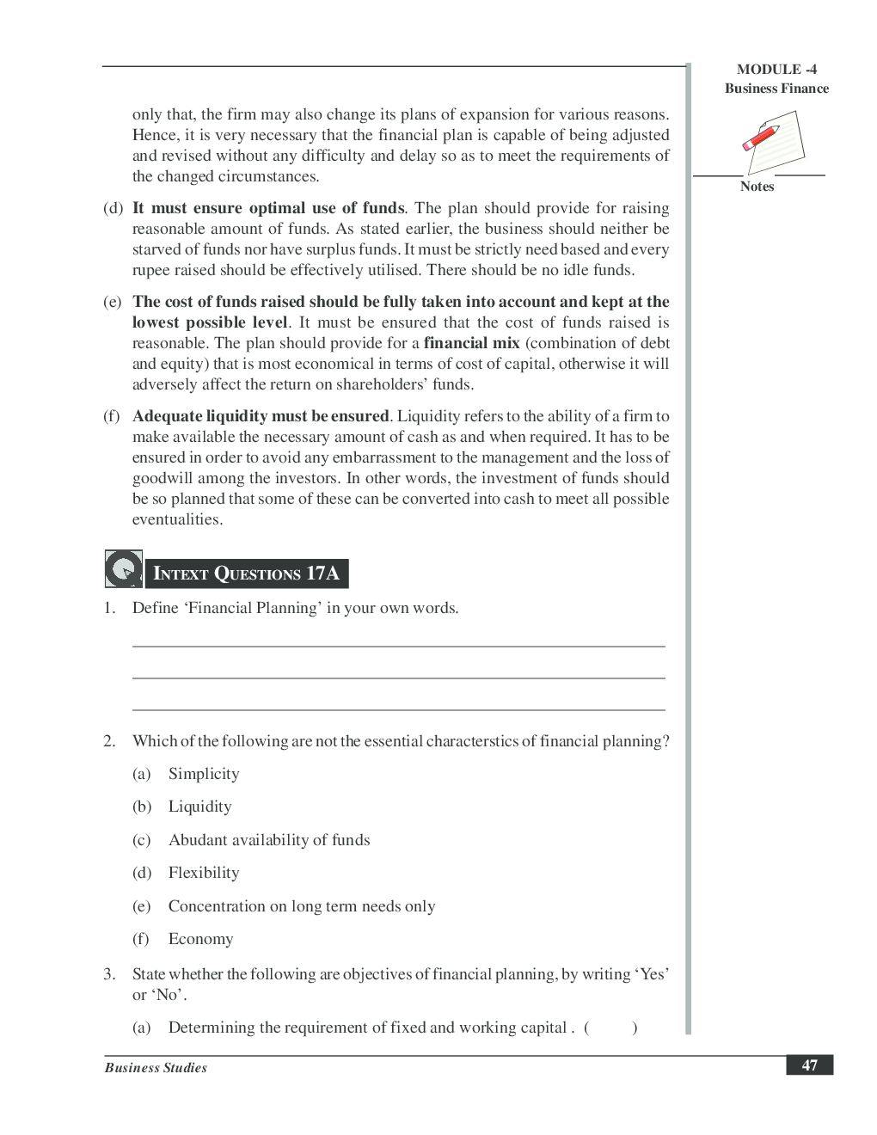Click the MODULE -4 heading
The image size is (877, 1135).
tap(776, 70)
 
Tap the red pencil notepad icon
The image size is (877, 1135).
tap(773, 141)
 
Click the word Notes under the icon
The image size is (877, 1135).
tap(757, 187)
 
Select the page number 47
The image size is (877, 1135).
tap(809, 1065)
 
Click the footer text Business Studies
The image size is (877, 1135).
tap(156, 1068)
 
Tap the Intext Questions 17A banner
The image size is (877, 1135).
tap(246, 574)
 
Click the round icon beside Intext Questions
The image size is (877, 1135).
tap(124, 569)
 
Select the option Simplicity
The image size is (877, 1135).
tap(204, 774)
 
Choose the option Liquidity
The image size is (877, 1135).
tap(199, 807)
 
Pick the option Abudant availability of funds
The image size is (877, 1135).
tap(269, 840)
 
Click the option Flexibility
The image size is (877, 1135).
tap(204, 873)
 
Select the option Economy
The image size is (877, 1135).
tap(200, 939)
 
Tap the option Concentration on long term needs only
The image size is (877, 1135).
tap(302, 906)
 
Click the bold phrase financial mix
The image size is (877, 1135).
tap(471, 343)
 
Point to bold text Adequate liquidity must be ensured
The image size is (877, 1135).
tap(261, 416)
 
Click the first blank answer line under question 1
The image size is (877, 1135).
tap(398, 645)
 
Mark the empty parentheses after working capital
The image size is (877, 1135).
tap(610, 1028)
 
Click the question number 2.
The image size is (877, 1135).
tap(109, 741)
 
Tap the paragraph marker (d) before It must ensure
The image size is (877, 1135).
tap(113, 208)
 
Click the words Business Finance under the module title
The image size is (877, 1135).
tap(776, 89)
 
